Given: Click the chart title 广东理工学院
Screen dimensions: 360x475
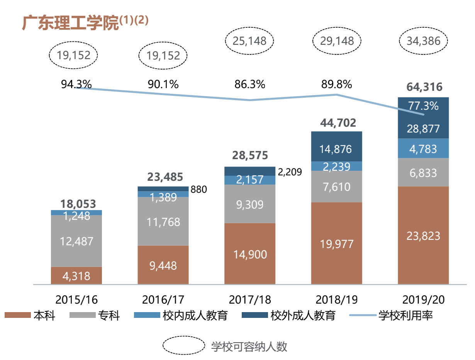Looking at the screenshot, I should pyautogui.click(x=70, y=23).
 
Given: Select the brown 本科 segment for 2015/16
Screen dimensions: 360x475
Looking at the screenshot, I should pyautogui.click(x=76, y=276).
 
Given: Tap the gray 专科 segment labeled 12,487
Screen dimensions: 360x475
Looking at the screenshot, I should pyautogui.click(x=76, y=241).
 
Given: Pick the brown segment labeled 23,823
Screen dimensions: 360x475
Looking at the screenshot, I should pyautogui.click(x=423, y=235).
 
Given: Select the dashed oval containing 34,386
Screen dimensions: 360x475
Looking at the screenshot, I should pyautogui.click(x=423, y=41).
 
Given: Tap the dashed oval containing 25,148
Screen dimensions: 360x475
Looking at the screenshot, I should pyautogui.click(x=249, y=41).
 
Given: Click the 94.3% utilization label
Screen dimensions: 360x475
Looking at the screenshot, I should pyautogui.click(x=76, y=84).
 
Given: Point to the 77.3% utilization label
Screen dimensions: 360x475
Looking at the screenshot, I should pyautogui.click(x=423, y=106).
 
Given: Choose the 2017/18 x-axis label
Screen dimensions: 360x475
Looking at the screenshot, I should pyautogui.click(x=249, y=300).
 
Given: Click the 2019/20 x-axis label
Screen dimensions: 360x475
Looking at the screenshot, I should pyautogui.click(x=423, y=300).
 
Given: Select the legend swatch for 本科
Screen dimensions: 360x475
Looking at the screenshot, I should pyautogui.click(x=17, y=316).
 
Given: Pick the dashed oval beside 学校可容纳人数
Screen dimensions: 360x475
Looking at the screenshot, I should pyautogui.click(x=183, y=346).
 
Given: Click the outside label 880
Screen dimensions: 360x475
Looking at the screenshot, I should pyautogui.click(x=198, y=189).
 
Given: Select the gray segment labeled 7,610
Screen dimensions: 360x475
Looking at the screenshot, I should pyautogui.click(x=337, y=187).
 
